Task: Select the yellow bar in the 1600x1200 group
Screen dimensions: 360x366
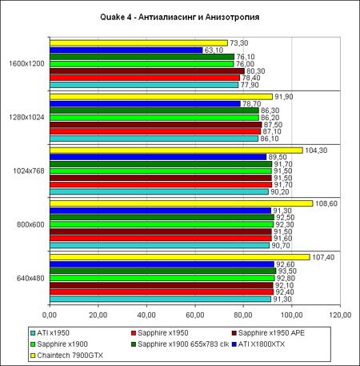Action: tap(138, 43)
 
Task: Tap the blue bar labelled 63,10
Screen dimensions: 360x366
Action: tap(126, 50)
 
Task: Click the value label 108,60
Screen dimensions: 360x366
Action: tap(326, 203)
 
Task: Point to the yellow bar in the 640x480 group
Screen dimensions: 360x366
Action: tap(180, 257)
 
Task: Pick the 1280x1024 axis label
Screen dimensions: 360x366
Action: tap(26, 118)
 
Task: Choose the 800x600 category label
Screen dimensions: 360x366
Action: tap(30, 224)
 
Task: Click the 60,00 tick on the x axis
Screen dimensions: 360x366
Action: tap(195, 316)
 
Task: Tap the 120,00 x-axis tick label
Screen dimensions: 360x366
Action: tap(340, 316)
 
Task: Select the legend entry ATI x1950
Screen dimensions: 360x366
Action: tap(50, 333)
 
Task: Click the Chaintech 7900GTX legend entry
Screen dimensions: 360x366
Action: tap(66, 356)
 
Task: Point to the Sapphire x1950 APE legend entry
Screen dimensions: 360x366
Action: tap(268, 333)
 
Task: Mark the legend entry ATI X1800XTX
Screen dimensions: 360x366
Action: tap(258, 344)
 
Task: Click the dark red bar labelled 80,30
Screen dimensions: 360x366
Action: tap(147, 71)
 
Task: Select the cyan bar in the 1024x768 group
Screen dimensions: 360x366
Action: tap(159, 191)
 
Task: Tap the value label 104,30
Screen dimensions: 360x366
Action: tap(316, 151)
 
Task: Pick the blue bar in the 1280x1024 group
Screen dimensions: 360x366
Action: tap(145, 104)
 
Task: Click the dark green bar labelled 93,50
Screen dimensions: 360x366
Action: tap(163, 271)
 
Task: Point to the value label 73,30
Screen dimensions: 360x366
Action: tap(239, 43)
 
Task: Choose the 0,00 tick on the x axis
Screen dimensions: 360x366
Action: tap(50, 316)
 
